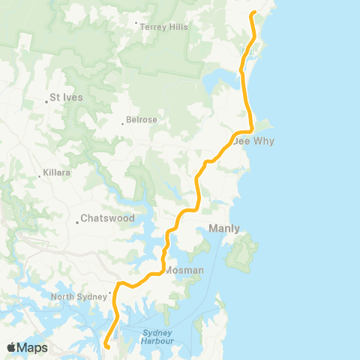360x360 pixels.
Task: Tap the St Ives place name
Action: (x=66, y=97)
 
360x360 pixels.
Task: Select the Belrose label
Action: (x=141, y=119)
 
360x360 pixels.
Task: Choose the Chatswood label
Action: (x=109, y=218)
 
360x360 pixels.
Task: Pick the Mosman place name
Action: (x=184, y=270)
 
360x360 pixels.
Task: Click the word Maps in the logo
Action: (x=32, y=347)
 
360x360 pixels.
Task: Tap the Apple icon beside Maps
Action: (x=11, y=347)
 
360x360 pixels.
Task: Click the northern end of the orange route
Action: (x=254, y=13)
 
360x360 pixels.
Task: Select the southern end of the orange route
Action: (x=106, y=346)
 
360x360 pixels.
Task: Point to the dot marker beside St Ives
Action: (x=46, y=102)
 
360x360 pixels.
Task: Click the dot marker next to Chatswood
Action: (x=77, y=223)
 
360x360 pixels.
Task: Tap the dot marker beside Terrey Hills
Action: (x=135, y=23)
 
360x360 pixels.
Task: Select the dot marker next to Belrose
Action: (x=123, y=124)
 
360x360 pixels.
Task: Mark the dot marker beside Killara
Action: (x=39, y=177)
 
